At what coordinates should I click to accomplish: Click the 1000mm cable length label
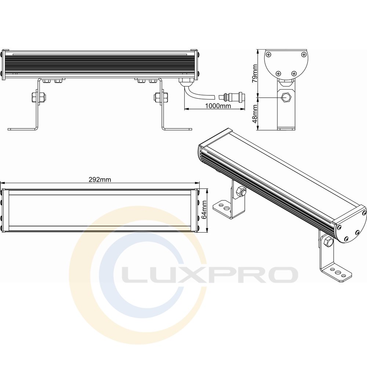tap(218, 106)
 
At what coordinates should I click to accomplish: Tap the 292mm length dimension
tap(100, 179)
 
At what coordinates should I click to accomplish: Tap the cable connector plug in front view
tap(232, 96)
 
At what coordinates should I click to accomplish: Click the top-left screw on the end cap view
tap(269, 54)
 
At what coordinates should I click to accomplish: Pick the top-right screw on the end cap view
tap(304, 54)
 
